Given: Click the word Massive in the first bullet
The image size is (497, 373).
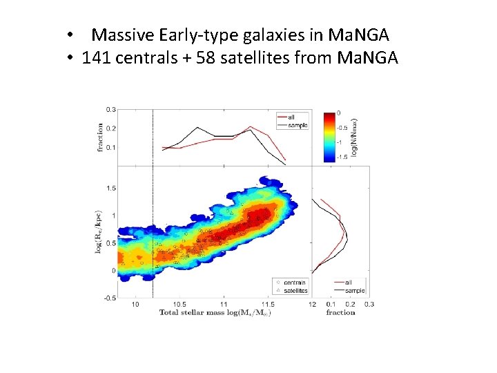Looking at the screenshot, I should click(x=122, y=34).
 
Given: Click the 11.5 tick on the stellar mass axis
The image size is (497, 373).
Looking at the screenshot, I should click(x=268, y=305).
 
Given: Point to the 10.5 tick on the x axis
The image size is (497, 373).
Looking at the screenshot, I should click(x=179, y=305).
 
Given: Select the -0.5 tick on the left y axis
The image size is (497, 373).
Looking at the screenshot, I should click(x=109, y=298).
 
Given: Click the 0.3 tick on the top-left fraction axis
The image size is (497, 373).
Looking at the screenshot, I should click(x=110, y=110).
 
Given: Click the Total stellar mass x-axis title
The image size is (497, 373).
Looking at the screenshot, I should click(x=215, y=313).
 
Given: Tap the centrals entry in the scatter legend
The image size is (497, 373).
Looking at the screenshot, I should click(x=294, y=283).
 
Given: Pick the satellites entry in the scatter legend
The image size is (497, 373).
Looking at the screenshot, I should click(x=295, y=290).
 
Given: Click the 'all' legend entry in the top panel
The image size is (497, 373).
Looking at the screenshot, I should click(x=291, y=117).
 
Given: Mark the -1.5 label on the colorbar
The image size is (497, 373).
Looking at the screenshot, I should click(x=340, y=157).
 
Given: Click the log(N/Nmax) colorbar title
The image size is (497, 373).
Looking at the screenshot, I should click(x=353, y=135).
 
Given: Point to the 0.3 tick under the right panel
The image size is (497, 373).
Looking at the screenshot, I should click(x=369, y=305).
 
